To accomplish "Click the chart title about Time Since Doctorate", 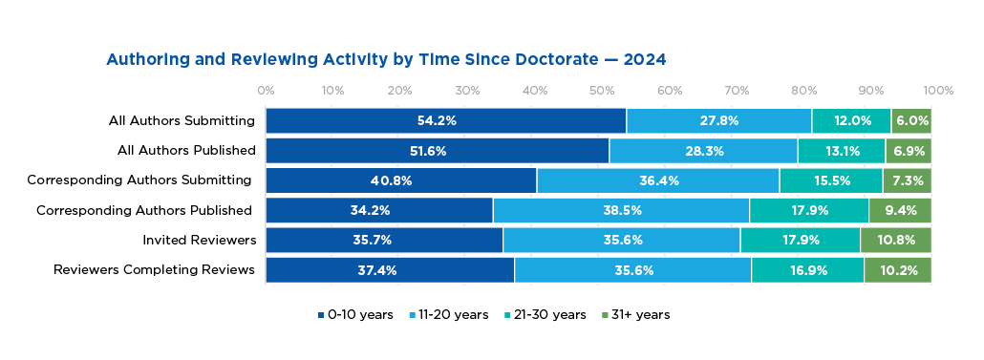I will [x=385, y=59].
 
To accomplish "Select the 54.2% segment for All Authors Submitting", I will [x=445, y=121].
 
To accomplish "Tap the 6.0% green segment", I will [x=911, y=121].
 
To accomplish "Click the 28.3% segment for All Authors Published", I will [x=703, y=151].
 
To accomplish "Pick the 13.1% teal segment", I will [x=841, y=151].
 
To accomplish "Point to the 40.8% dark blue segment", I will [x=401, y=180].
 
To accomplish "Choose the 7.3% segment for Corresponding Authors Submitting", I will [x=907, y=180].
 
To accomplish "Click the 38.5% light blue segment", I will [x=621, y=210].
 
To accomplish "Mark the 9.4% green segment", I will [x=900, y=210].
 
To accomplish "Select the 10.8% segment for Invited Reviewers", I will [x=895, y=240].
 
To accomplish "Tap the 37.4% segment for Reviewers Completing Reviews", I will [x=390, y=270].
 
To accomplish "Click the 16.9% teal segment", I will [x=807, y=270].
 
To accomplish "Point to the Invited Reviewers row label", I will [x=199, y=240].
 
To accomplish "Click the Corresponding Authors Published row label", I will [x=143, y=210].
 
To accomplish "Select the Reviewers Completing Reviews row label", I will [x=154, y=270].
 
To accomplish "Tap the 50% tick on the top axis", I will [x=602, y=91].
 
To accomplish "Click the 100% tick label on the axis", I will [x=938, y=91].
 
